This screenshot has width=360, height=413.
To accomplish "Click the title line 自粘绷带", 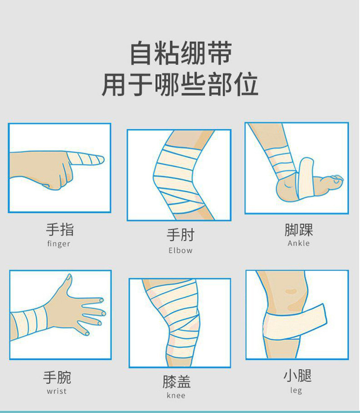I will point(180,53).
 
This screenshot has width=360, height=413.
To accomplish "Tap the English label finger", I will point(59,244).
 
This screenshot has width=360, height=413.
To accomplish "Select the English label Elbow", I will point(180,250).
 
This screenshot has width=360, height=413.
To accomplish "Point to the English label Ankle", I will point(298,243).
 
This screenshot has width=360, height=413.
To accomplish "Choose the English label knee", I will point(176,395).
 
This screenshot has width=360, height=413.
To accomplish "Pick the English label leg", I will point(296,390).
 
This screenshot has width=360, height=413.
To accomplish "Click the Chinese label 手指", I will point(59,229).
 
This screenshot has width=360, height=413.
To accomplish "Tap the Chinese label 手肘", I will point(180,235).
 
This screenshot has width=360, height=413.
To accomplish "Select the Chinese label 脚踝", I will point(298,229).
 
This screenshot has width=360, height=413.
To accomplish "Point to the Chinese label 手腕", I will point(57,377).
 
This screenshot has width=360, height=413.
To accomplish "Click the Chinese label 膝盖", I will point(176,381).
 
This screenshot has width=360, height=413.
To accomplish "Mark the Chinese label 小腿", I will point(297,376).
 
